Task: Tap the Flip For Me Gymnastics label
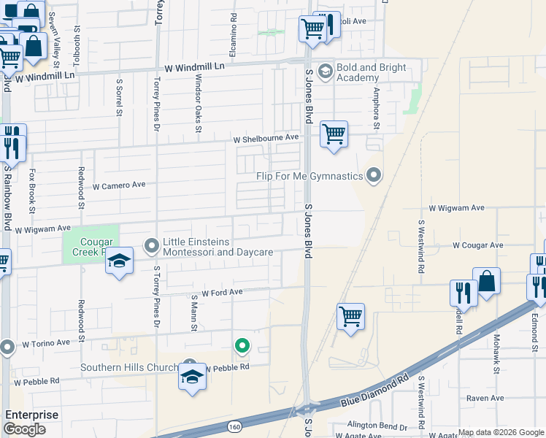tap(309, 176)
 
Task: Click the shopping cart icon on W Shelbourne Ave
tap(334, 134)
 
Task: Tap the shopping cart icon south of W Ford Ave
tap(350, 317)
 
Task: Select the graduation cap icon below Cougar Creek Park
tap(120, 261)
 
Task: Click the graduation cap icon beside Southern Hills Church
tap(192, 377)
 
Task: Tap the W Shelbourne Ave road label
tap(266, 137)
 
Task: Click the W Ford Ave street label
tap(222, 292)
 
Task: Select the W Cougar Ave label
tap(477, 245)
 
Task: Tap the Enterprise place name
tap(31, 415)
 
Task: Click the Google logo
tap(24, 429)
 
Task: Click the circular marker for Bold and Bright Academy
tap(325, 72)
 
